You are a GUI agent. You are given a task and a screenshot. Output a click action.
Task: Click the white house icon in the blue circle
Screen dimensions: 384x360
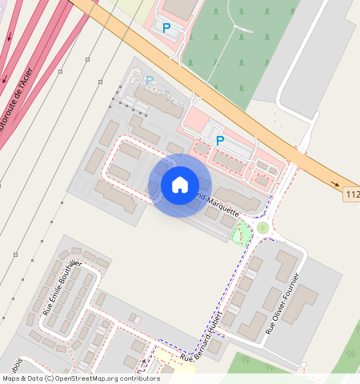tap(180, 185)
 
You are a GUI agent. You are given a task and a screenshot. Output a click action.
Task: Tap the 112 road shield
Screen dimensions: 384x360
tap(351, 194)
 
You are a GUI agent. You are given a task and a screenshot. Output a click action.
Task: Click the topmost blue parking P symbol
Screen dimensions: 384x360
tap(166, 28)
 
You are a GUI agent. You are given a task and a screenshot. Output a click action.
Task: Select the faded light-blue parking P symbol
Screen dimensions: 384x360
tap(150, 80)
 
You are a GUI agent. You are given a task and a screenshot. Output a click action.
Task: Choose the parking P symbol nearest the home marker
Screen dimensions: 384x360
tap(219, 141)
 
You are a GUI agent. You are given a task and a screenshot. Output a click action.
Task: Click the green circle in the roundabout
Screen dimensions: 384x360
tap(262, 228)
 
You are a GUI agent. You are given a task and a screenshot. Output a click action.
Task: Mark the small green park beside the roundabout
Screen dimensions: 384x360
tap(241, 234)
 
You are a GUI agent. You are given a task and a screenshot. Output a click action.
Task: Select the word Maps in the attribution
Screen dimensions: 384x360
tap(11, 378)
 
